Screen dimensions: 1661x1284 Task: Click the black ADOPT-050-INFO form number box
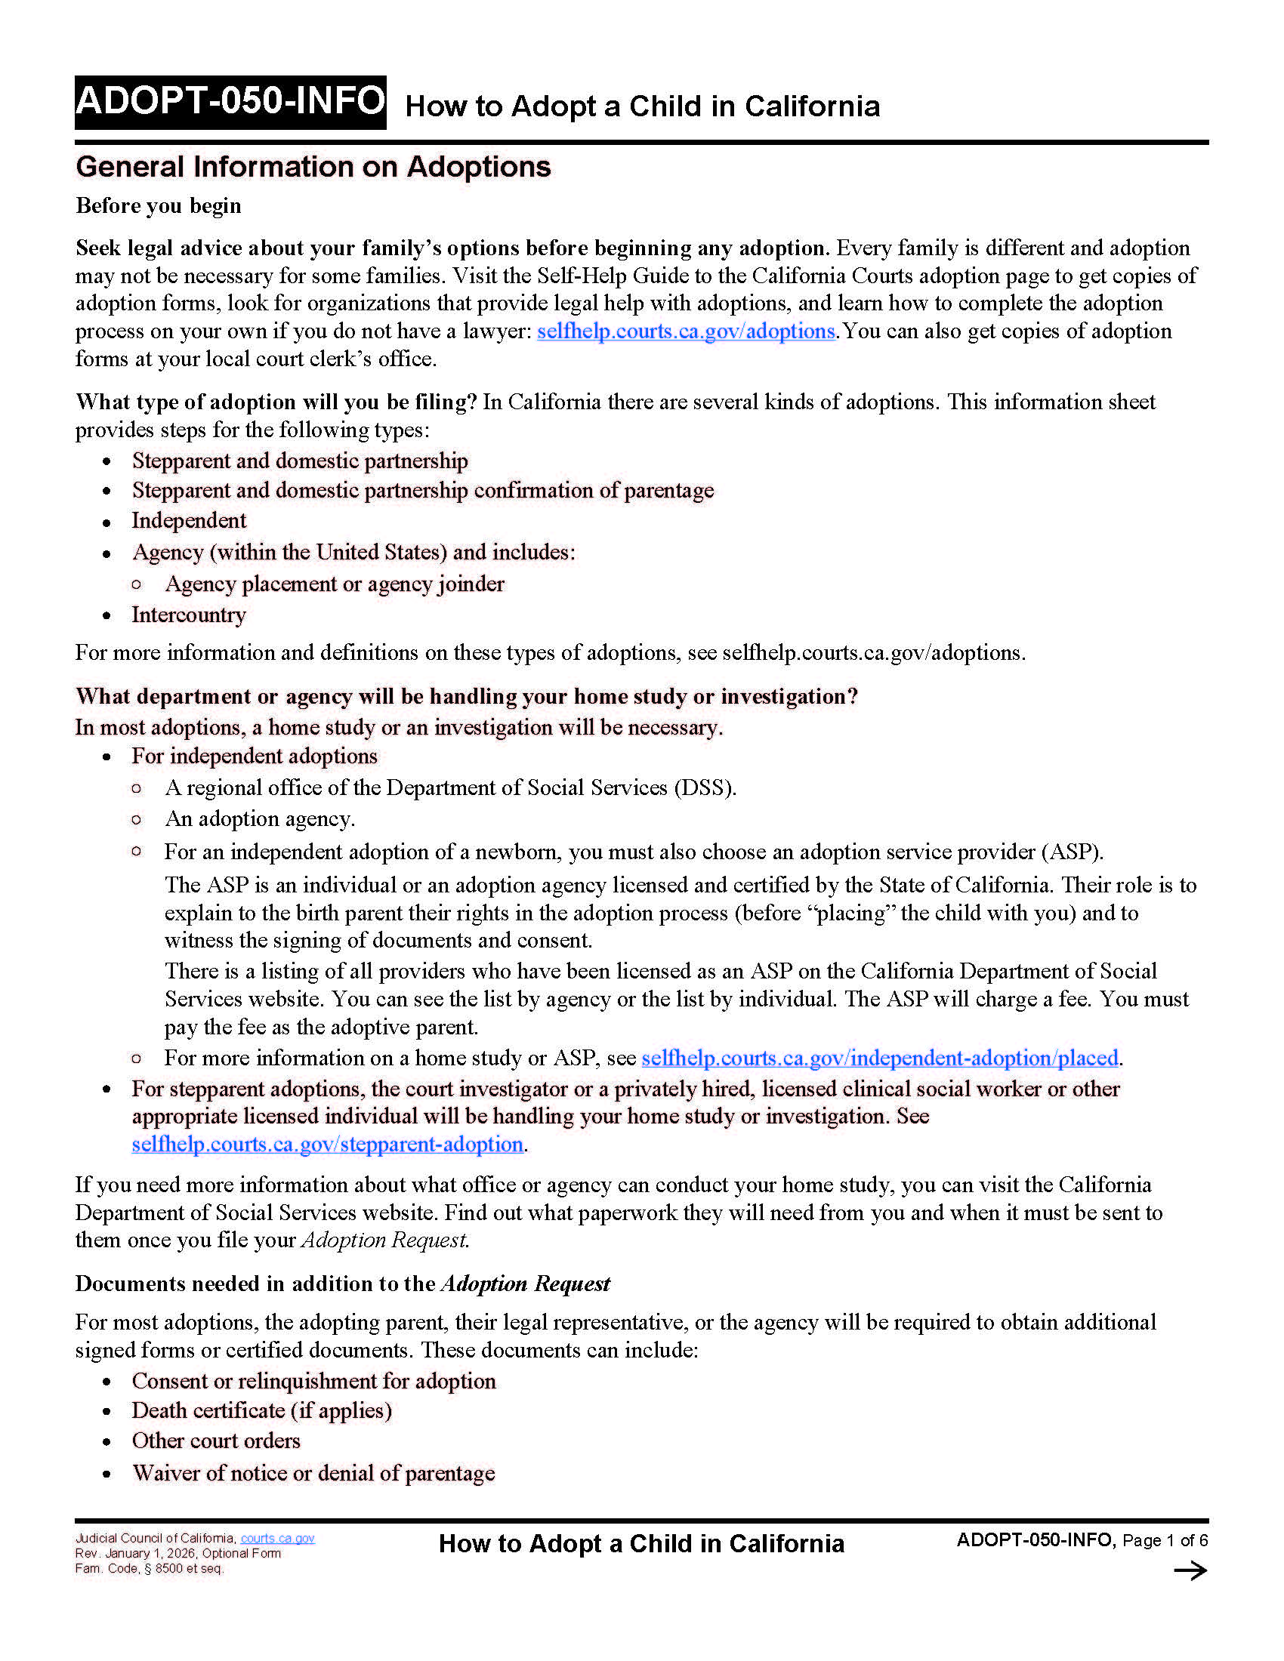coord(230,102)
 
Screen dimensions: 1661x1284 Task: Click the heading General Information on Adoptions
coord(313,167)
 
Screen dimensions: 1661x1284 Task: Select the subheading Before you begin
coord(158,205)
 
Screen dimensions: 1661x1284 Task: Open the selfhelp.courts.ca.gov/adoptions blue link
coord(685,331)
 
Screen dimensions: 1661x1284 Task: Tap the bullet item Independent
coord(189,520)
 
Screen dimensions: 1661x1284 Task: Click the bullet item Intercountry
coord(189,615)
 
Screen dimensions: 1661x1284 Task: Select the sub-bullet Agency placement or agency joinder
coord(335,584)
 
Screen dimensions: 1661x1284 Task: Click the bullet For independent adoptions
coord(254,756)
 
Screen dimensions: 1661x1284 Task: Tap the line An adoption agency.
coord(259,819)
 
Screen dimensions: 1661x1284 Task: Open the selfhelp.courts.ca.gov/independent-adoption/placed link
coord(879,1058)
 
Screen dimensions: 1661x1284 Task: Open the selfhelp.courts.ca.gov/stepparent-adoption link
coord(327,1145)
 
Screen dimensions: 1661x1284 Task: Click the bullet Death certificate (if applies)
coord(261,1411)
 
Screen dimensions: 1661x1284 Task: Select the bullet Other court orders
coord(216,1441)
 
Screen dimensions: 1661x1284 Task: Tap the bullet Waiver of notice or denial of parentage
coord(313,1473)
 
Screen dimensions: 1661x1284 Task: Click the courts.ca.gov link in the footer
coord(278,1538)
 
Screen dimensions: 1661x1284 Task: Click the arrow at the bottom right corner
coord(1190,1570)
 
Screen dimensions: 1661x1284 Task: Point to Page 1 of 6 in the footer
coord(1165,1540)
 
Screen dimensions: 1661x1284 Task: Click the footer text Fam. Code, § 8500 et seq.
coord(149,1568)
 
